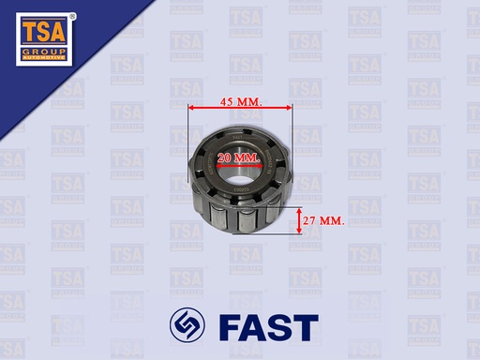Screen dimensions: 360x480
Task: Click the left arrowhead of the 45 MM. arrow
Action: pyautogui.click(x=191, y=108)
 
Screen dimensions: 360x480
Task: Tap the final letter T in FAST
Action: pyautogui.click(x=306, y=326)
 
